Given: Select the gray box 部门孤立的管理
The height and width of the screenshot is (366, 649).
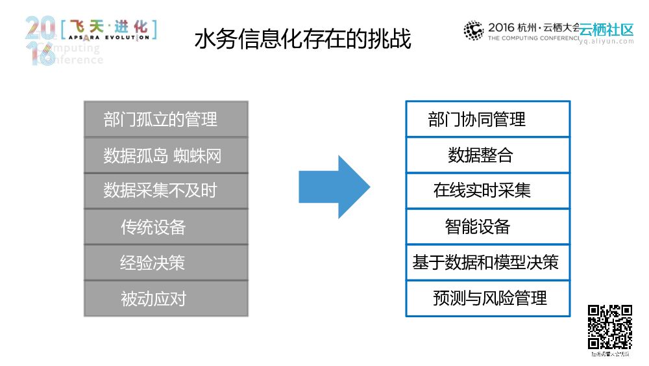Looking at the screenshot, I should click(166, 119).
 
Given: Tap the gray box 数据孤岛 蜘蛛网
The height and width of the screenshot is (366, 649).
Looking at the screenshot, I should click(166, 155).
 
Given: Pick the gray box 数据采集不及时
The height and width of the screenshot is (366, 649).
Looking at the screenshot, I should click(166, 190).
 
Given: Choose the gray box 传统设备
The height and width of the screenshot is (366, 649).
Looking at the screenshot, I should click(166, 227).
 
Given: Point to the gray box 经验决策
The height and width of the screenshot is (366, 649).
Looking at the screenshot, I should click(166, 263).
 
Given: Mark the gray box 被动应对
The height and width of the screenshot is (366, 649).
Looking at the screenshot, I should click(166, 298).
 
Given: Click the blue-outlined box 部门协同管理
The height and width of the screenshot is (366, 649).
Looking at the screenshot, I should click(487, 119).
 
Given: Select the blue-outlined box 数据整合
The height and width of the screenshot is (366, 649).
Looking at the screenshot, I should click(487, 155).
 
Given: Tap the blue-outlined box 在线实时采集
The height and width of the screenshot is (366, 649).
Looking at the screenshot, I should click(487, 190).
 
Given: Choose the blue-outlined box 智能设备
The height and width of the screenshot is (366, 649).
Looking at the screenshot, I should click(487, 227).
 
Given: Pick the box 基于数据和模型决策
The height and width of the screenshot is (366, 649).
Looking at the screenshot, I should click(487, 263).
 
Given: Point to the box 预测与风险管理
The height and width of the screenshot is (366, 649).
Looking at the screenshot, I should click(487, 298).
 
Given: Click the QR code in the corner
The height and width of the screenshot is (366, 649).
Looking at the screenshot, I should click(610, 327).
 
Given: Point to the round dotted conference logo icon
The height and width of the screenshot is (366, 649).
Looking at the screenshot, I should click(473, 30).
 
